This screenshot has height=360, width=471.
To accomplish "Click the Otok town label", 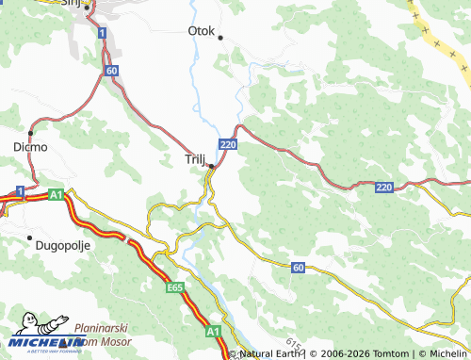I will [x=202, y=30].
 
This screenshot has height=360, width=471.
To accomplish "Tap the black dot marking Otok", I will [x=220, y=39].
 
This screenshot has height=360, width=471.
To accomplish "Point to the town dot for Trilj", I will [x=212, y=167].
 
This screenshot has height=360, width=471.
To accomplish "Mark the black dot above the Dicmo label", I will [x=30, y=133].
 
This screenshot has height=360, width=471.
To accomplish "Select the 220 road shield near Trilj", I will [x=227, y=144].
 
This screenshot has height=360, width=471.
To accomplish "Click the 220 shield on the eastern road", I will [x=383, y=188].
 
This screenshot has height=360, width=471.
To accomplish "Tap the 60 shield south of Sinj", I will [x=112, y=71].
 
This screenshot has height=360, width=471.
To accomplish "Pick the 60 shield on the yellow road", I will [x=299, y=269].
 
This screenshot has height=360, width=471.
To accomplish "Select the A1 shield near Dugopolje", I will [x=56, y=194].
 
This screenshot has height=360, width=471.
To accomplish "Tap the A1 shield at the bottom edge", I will [x=213, y=332].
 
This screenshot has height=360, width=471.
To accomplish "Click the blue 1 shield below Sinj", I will [x=101, y=33].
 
